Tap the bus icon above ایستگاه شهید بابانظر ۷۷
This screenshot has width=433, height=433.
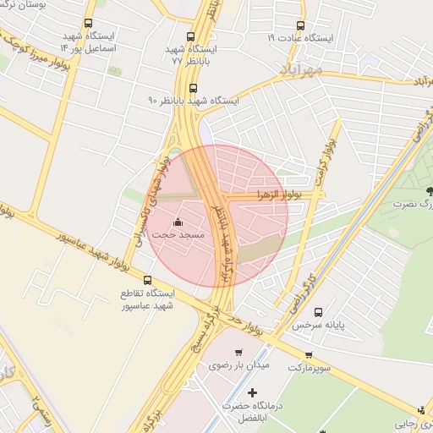[191, 37]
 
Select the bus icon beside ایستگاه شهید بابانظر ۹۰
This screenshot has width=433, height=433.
[193, 88]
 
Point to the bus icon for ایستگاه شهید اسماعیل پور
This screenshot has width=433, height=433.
[89, 24]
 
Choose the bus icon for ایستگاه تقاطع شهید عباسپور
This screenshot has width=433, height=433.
[148, 280]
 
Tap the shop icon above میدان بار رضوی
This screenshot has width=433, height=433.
[238, 353]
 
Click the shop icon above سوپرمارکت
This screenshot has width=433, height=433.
[309, 355]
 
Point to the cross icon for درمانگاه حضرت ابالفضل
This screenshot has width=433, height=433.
[252, 392]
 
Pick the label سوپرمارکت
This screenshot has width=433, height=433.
[308, 369]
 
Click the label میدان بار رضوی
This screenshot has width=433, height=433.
[238, 367]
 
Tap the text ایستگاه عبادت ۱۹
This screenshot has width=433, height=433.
[302, 39]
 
